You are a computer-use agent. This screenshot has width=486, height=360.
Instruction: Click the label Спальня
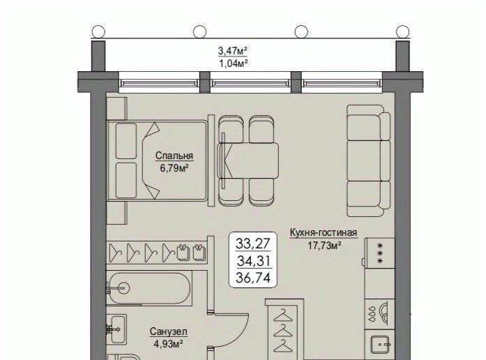click(174, 156)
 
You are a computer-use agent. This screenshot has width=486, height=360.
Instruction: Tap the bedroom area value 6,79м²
click(174, 169)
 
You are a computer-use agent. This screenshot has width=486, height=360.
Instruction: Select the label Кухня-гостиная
click(324, 232)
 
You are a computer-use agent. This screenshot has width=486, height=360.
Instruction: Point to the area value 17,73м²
click(324, 246)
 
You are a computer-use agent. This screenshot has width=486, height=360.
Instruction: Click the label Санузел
click(169, 332)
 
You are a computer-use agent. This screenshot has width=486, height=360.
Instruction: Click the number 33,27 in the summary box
click(253, 243)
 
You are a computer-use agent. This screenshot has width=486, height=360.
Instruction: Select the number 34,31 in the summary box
click(255, 261)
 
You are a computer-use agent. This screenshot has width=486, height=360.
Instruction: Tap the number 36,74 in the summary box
click(253, 277)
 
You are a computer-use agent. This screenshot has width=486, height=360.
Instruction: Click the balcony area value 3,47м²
click(234, 50)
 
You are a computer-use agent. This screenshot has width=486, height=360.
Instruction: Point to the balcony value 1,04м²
click(234, 63)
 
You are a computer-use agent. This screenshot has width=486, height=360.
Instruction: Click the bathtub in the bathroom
click(150, 288)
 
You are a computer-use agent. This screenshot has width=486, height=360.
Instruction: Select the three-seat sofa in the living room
click(369, 160)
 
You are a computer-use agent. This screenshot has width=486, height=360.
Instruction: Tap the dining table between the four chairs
click(248, 160)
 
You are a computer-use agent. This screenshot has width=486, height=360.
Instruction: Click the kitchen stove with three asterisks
click(380, 253)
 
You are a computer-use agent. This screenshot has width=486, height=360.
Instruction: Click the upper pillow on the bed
click(126, 141)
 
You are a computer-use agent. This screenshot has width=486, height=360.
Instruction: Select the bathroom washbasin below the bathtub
click(116, 329)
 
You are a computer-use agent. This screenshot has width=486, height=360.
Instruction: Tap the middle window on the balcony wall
click(251, 83)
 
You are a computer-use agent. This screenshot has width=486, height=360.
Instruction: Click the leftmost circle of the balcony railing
click(98, 31)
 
